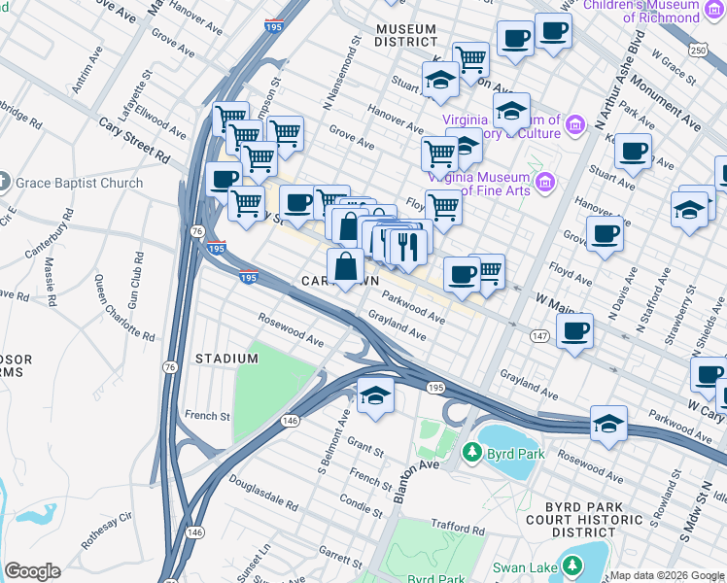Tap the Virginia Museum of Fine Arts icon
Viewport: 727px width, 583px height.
pos(544,182)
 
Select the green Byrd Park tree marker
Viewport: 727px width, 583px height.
pos(472,452)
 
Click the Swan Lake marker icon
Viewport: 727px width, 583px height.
pos(572,566)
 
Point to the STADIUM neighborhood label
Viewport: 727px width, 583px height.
pos(226,359)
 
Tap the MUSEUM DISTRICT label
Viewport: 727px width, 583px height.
pos(406,36)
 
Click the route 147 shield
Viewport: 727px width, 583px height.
pos(539,334)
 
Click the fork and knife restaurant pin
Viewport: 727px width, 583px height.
pos(408,246)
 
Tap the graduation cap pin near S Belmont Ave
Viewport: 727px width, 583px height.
pos(374,395)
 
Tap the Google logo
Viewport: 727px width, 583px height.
pos(32,571)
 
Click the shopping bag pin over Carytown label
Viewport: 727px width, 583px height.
pos(346,264)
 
